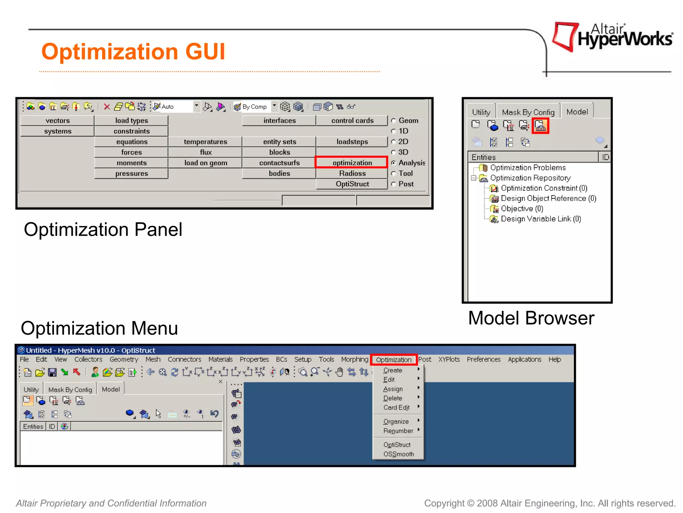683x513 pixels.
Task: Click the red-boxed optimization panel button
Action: click(352, 163)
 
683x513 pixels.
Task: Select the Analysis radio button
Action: click(394, 163)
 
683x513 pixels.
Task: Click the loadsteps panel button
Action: click(352, 142)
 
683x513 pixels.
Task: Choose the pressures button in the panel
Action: click(131, 173)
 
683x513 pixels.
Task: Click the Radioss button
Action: click(352, 173)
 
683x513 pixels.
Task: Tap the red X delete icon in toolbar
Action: click(107, 107)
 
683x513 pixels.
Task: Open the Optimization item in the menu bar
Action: click(394, 360)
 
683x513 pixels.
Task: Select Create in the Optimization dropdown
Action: click(393, 370)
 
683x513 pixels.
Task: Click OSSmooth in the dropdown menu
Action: click(398, 454)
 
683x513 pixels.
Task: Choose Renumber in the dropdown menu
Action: click(398, 431)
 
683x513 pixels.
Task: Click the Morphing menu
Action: click(355, 359)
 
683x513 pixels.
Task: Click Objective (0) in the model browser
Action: click(522, 209)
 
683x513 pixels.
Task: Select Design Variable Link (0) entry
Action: click(541, 219)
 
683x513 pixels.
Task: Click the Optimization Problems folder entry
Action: click(528, 168)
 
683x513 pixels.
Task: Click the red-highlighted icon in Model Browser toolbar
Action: click(540, 126)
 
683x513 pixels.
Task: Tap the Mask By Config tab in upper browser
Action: click(528, 112)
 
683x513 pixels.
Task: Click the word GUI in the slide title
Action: click(205, 52)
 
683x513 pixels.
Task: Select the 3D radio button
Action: click(394, 152)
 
